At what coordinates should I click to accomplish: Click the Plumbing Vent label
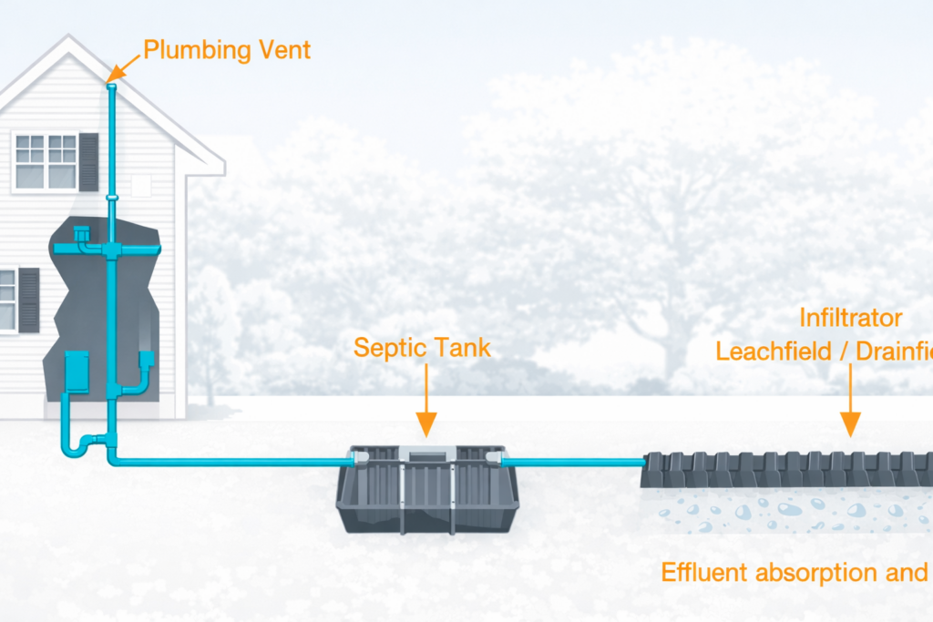click(227, 49)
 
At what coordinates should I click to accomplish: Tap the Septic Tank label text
click(422, 347)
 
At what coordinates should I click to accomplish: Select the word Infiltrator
click(851, 318)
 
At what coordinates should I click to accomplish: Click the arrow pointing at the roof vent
click(126, 66)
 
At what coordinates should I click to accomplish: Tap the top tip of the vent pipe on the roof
click(112, 87)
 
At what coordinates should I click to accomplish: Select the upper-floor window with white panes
click(46, 161)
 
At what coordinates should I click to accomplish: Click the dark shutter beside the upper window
click(88, 162)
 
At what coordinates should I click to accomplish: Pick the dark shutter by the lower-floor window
click(29, 300)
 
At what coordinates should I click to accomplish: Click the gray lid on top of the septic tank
click(426, 453)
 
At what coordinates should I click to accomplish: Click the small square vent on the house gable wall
click(140, 186)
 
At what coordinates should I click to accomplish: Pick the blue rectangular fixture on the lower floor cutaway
click(77, 372)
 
